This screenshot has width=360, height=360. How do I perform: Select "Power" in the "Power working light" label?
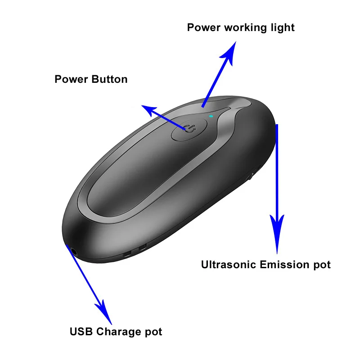coord(204,27)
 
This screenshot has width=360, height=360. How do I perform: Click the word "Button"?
coord(109,80)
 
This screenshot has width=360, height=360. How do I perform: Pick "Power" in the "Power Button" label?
coord(71,80)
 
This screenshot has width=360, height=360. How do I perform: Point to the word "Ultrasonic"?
coord(229,265)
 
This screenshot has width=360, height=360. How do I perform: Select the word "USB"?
coord(81,332)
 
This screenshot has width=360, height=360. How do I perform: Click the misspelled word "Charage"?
coord(118,332)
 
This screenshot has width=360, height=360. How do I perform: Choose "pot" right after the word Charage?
coord(153,333)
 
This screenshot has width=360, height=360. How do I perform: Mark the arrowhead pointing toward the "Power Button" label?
coord(148,109)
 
